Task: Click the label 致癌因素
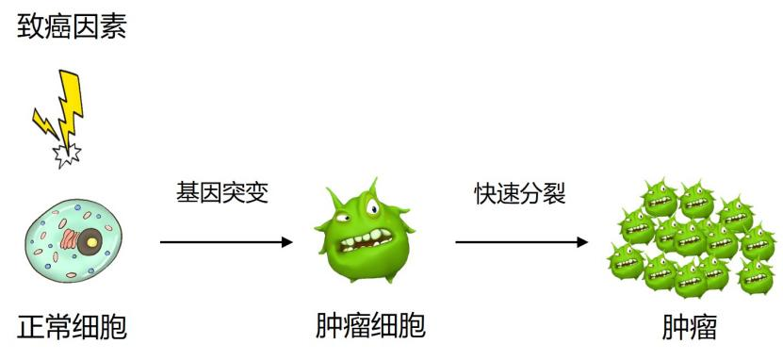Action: (x=72, y=25)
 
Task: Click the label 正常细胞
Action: (x=72, y=327)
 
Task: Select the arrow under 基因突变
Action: (x=226, y=242)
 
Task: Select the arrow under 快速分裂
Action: (x=522, y=242)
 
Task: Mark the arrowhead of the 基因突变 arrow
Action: (x=287, y=242)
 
